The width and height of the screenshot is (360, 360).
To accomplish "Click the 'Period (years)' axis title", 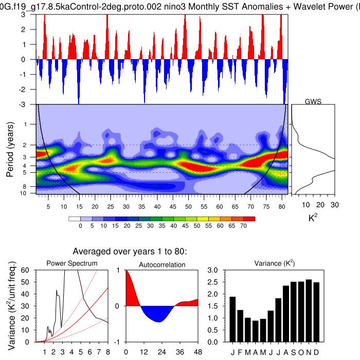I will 10,150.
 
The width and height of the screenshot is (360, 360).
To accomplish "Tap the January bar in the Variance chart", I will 232,319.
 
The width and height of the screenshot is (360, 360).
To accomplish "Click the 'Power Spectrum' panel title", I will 72,264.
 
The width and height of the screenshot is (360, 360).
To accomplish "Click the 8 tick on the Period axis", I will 32,187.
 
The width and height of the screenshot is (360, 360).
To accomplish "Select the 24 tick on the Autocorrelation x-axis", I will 161,352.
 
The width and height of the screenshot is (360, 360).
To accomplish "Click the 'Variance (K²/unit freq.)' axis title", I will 10,306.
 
